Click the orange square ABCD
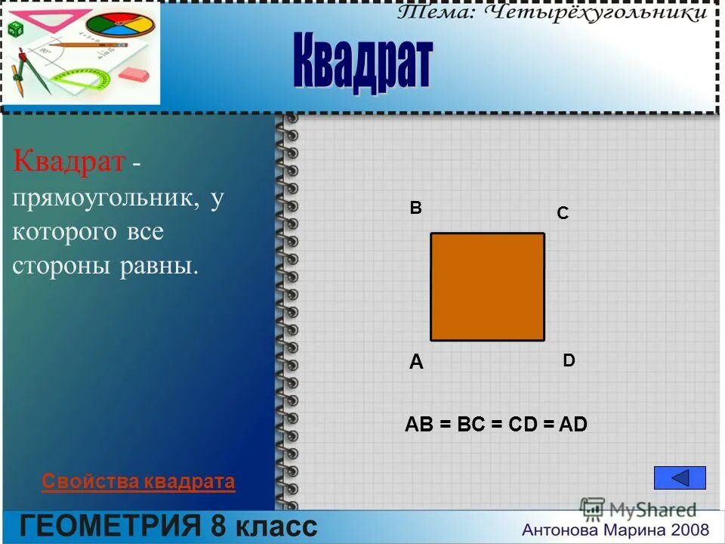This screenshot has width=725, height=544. (487, 286)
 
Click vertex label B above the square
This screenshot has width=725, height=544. (415, 208)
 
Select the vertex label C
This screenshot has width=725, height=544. (563, 215)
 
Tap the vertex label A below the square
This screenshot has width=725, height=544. (416, 363)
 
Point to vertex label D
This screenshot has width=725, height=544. (569, 361)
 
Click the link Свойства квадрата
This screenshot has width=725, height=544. (138, 481)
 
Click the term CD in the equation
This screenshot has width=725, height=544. (522, 425)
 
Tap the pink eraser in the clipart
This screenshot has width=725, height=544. (136, 74)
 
